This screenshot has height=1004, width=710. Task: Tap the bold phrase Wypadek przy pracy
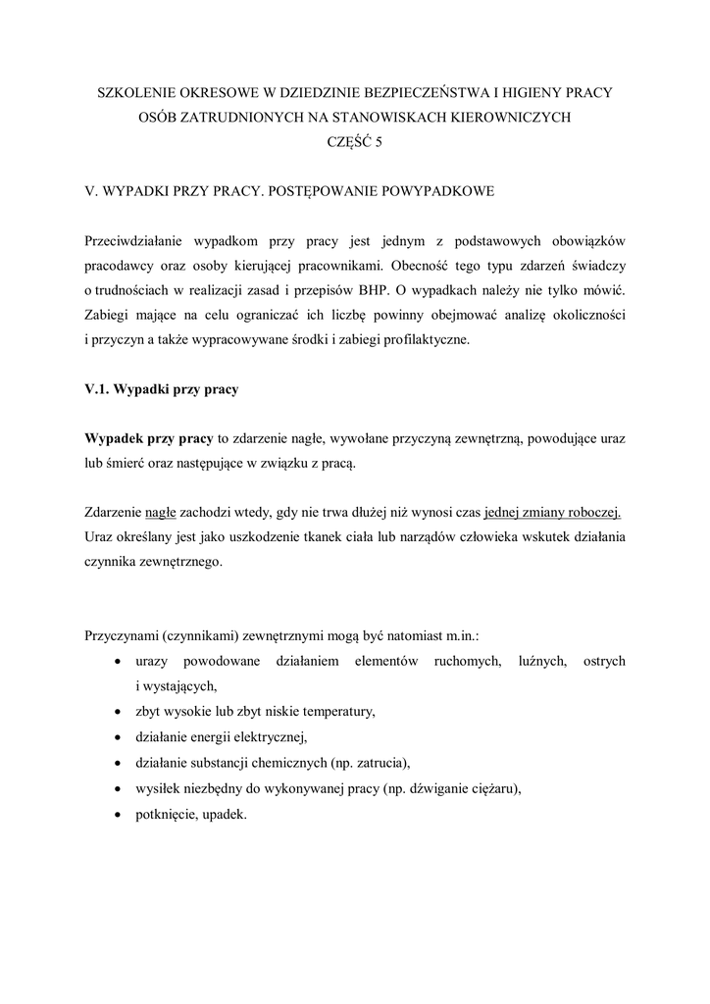coord(149,438)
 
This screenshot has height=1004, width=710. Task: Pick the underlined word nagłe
coord(160,513)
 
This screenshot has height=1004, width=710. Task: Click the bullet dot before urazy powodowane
coord(119,662)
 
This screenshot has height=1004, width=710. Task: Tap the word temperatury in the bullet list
coord(338,711)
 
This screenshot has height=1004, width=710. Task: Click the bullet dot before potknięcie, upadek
coord(119,814)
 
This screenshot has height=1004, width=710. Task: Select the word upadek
coord(223,814)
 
